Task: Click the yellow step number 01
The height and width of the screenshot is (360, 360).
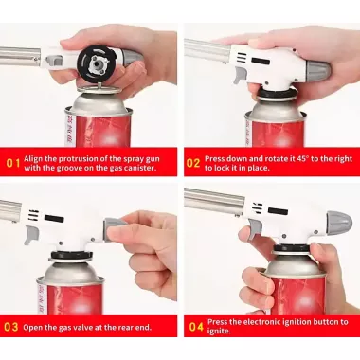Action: coord(13,163)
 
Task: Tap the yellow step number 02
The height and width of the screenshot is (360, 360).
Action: coord(193,163)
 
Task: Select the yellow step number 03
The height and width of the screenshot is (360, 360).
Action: coord(10,327)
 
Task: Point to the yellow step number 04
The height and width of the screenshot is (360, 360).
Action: coord(196,327)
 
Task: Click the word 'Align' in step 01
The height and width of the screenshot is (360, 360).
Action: coord(33,159)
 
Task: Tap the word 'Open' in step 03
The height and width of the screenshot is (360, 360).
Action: coord(32,328)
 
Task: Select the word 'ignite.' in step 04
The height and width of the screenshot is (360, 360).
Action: coord(219,332)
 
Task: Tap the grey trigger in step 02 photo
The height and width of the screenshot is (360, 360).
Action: coord(241,75)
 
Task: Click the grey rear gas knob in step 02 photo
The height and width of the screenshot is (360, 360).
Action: coord(317,70)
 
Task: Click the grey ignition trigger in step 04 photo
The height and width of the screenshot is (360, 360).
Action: coord(255,229)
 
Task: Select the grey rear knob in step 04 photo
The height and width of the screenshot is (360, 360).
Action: coord(339,221)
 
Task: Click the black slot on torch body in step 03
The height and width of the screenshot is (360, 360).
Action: coord(54,218)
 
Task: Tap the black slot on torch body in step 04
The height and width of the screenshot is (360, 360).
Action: coord(278,211)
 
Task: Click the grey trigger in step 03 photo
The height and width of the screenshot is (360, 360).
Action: coord(31,234)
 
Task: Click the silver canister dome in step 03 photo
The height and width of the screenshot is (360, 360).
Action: coord(70,273)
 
